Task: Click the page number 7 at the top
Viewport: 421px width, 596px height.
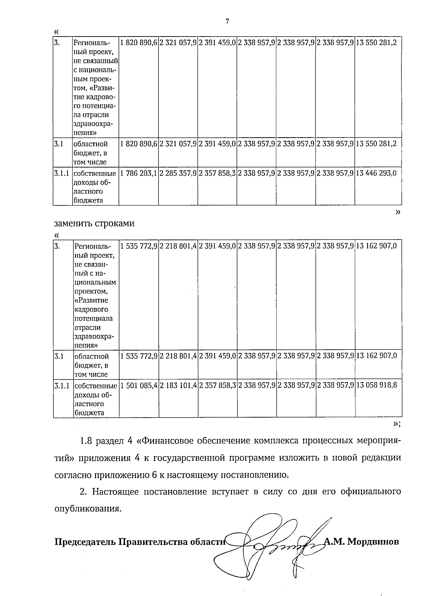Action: tap(227, 22)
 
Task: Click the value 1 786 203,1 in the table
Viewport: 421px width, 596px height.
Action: tap(139, 173)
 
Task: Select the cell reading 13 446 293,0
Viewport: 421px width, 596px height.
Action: tap(376, 173)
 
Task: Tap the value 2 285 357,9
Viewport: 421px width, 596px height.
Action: tap(178, 173)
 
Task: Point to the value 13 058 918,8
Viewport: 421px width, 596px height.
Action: tap(376, 385)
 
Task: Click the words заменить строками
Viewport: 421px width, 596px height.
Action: tap(94, 223)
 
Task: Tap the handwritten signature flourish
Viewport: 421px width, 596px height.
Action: tap(274, 551)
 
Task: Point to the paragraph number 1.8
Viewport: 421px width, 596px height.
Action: tap(86, 441)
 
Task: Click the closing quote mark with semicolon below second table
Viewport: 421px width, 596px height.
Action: tap(397, 424)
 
